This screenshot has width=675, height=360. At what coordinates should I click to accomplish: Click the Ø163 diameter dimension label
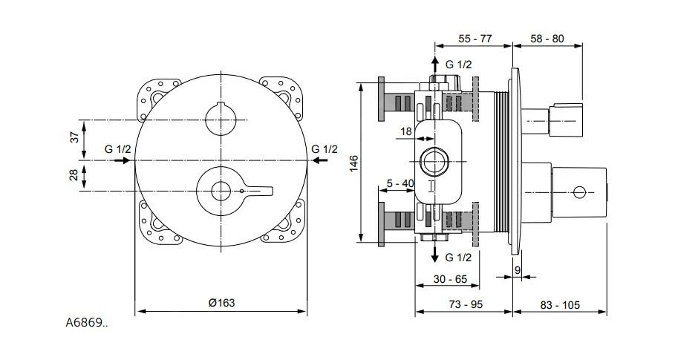tap(222, 303)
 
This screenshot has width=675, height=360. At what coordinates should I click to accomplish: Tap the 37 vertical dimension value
tap(75, 137)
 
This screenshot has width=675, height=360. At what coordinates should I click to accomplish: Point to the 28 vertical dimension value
tap(74, 175)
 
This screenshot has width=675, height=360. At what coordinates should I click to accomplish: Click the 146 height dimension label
tap(353, 164)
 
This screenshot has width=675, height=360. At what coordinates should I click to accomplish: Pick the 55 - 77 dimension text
tap(475, 39)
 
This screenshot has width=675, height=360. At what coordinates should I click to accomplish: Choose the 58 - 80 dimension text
tap(547, 39)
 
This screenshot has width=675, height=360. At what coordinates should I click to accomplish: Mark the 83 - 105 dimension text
tap(560, 305)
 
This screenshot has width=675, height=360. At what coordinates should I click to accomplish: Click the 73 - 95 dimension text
tap(466, 304)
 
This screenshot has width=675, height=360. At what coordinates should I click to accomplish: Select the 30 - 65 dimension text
tap(450, 279)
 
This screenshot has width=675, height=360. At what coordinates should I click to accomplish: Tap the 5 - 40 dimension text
tap(400, 183)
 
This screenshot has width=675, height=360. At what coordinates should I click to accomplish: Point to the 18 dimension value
tap(406, 131)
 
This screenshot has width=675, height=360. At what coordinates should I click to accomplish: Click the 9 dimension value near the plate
tap(518, 270)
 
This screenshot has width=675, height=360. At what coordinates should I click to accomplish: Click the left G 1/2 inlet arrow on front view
tap(123, 160)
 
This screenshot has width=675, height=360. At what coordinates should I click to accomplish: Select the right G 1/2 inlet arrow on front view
tap(320, 160)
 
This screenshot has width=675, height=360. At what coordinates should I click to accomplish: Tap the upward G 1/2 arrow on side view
tap(435, 65)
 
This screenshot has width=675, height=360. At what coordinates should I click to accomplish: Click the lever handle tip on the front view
tap(271, 191)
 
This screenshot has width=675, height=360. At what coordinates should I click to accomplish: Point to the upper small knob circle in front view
tap(221, 120)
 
